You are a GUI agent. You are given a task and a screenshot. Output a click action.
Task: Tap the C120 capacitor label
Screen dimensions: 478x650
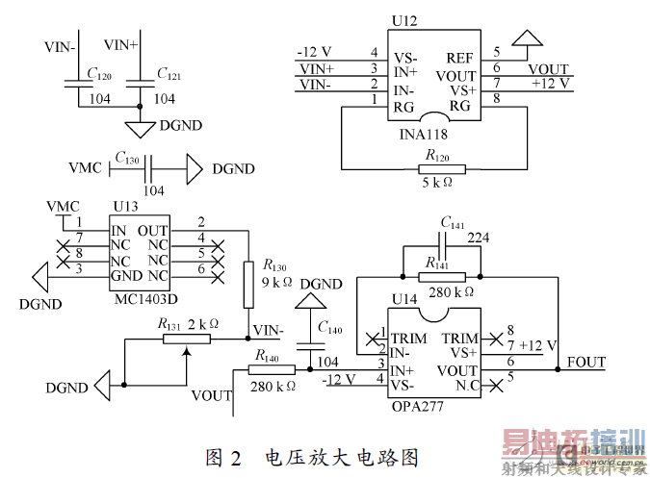click(x=99, y=74)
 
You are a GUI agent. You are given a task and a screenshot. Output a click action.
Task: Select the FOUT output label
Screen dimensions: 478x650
click(x=586, y=363)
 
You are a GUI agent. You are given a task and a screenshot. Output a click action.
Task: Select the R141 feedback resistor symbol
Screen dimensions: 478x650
click(x=442, y=277)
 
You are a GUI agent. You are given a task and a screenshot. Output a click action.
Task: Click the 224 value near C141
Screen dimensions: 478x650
click(x=479, y=237)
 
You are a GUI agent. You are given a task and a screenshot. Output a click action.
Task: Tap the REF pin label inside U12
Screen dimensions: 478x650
click(x=459, y=59)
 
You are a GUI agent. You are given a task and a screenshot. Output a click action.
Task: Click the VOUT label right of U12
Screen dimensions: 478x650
click(x=548, y=70)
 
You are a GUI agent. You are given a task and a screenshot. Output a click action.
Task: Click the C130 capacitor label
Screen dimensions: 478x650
click(x=128, y=156)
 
